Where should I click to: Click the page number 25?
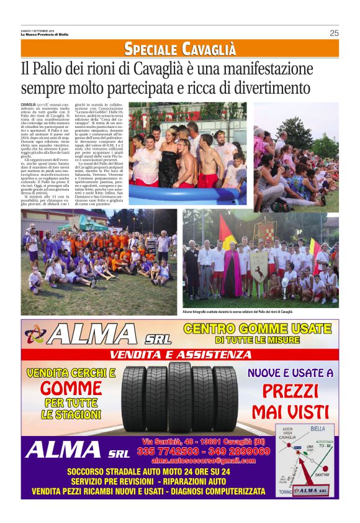334,33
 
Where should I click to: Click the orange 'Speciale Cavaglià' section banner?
180,48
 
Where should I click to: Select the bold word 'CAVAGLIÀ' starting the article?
28,104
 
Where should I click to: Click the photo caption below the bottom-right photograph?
238,311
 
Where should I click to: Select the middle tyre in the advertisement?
180,398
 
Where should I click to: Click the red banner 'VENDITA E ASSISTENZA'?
180,355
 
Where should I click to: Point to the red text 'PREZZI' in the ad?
290,391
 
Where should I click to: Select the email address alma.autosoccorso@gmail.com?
204,461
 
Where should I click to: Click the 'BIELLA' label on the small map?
317,428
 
